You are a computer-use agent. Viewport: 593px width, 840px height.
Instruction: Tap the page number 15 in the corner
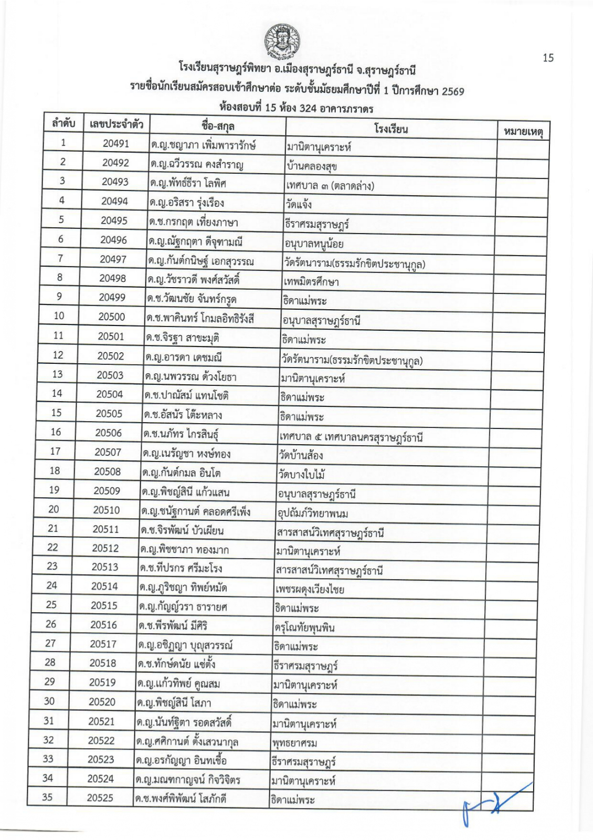pos(547,58)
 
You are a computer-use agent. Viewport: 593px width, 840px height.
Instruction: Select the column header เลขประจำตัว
pos(116,124)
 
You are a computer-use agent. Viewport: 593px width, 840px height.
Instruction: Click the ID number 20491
pos(116,143)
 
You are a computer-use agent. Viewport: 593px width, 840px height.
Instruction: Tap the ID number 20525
pos(100,797)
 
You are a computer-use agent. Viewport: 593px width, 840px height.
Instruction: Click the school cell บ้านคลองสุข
pos(311,167)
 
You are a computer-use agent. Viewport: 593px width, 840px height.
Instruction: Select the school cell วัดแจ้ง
pos(298,204)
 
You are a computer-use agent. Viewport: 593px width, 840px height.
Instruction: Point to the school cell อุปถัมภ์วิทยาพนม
pos(313,513)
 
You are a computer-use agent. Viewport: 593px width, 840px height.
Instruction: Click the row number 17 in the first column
pos(55,451)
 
